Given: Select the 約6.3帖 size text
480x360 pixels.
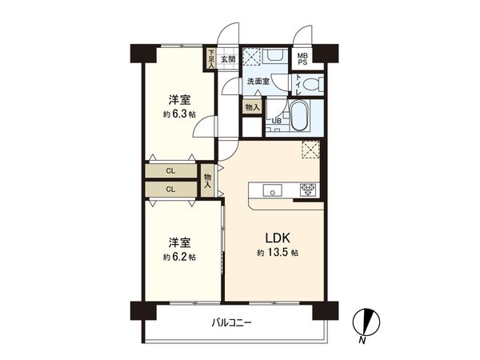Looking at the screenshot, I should click(178, 114).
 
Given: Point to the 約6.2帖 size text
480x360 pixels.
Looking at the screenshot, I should click(178, 257).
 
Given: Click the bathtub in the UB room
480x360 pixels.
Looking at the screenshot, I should click(298, 119).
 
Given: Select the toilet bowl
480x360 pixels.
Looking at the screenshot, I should click(313, 82).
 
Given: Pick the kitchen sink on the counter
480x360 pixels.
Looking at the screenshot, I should click(272, 190).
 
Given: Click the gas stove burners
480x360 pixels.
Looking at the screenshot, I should click(308, 190).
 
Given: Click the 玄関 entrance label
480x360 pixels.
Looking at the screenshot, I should click(228, 59).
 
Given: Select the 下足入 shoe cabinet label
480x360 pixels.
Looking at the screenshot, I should click(211, 58).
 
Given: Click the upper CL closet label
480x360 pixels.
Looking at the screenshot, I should click(170, 171).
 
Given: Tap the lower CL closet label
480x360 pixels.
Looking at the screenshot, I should click(170, 189).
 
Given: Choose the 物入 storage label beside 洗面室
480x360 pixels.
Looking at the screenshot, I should click(252, 107).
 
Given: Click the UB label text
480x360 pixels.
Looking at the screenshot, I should click(277, 121).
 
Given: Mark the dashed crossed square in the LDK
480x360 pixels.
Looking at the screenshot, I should click(310, 149).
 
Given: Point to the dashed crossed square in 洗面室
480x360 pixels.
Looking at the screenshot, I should click(253, 58).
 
